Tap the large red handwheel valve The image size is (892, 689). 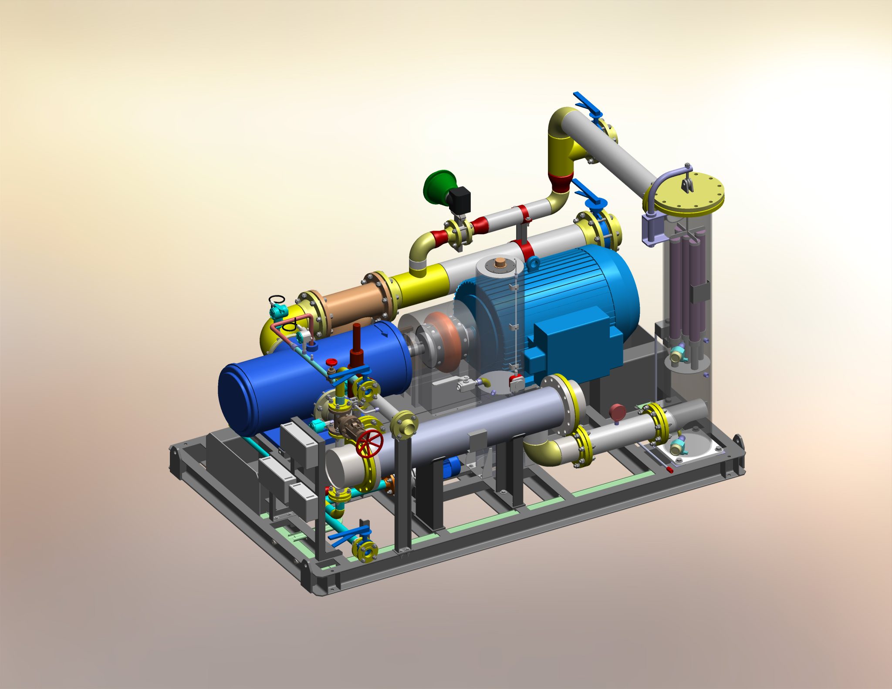click(369, 443)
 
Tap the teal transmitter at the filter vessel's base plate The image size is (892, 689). click(677, 446)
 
